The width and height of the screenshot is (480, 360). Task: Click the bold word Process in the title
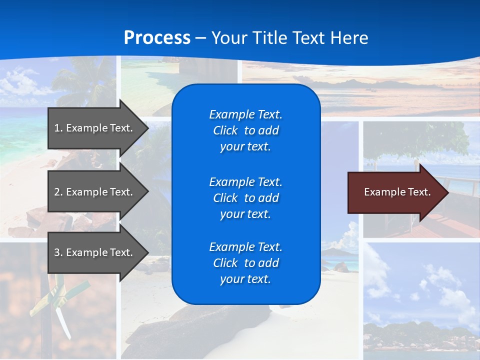157,38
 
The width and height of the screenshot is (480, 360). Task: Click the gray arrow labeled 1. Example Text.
95,128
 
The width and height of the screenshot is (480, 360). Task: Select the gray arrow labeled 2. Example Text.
95,192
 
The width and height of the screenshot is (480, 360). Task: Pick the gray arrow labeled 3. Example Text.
95,252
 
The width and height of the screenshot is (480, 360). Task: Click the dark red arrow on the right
395,192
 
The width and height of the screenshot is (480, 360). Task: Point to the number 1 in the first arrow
57,128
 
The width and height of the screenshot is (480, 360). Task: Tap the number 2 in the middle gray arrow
57,192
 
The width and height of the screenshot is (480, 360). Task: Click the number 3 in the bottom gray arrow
57,252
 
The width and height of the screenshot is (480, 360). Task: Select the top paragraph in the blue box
245,130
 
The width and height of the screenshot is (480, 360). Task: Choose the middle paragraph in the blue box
245,198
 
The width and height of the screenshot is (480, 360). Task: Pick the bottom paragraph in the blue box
245,263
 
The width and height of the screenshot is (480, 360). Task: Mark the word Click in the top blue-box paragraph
225,131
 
